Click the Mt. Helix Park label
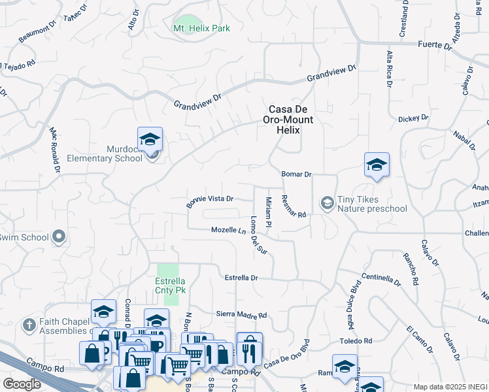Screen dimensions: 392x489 201,28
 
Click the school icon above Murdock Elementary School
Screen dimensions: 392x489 150,139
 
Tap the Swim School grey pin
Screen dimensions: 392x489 59,237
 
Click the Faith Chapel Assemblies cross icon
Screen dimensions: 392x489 29,325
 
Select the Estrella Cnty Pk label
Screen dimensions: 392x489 168,286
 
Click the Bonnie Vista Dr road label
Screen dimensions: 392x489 209,199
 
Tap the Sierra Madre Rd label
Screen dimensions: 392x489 241,314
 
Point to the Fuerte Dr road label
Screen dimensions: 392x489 435,46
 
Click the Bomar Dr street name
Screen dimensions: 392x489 296,174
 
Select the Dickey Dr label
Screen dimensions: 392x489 413,118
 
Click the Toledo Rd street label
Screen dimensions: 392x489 355,341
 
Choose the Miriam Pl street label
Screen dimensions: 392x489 268,212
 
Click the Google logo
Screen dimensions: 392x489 22,384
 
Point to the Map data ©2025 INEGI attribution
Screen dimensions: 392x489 450,387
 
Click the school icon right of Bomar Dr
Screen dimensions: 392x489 377,165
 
